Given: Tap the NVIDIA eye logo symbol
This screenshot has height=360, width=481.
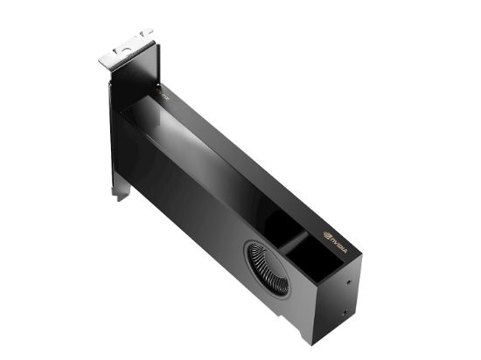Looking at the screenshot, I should [325, 235].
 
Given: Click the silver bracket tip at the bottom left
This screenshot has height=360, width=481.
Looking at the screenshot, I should [116, 195].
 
